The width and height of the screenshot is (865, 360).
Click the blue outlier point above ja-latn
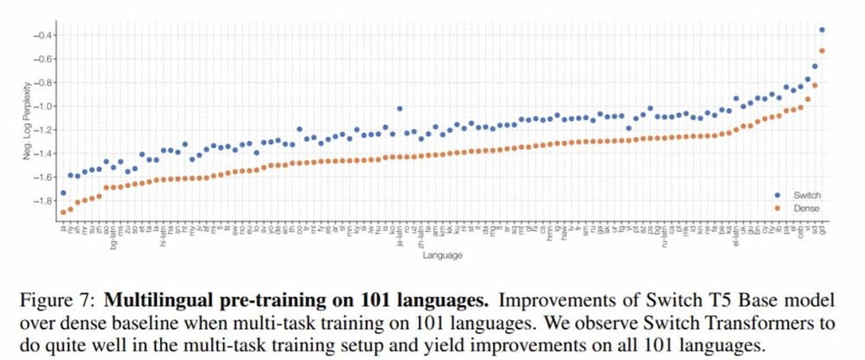tap(399, 109)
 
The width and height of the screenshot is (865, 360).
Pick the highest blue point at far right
tap(822, 30)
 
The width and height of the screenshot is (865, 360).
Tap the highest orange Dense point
tap(822, 51)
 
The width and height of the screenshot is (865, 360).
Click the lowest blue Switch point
tap(63, 193)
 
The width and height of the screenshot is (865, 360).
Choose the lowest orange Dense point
tap(63, 212)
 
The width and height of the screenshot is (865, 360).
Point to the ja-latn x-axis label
tap(400, 235)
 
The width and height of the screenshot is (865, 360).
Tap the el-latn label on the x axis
tap(737, 235)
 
